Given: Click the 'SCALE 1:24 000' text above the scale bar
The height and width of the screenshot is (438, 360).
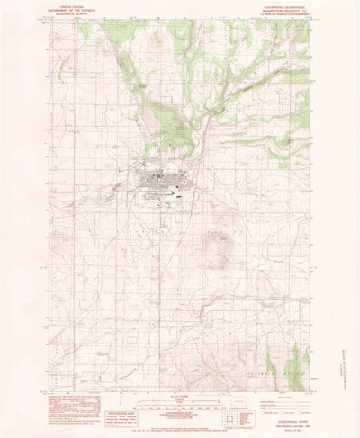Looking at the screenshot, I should pyautogui.click(x=179, y=392).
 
